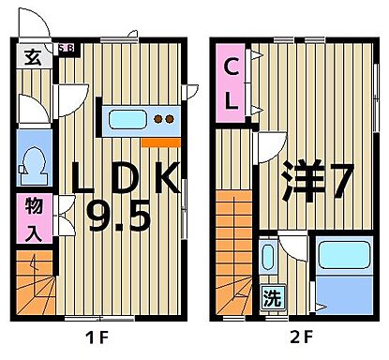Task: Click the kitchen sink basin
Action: (128, 120)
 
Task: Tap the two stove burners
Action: (164, 120)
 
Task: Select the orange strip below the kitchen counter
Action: (159, 142)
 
